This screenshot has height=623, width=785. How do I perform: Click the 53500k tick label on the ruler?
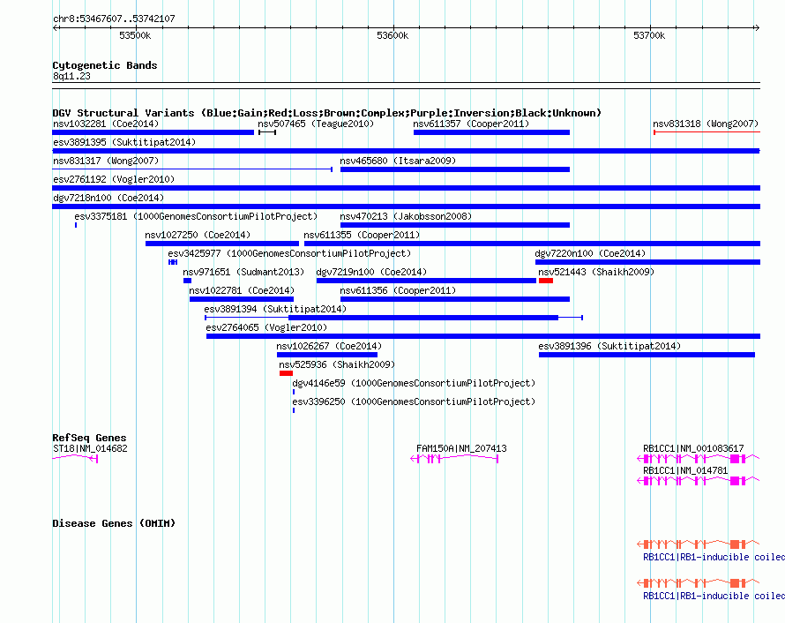tap(135, 35)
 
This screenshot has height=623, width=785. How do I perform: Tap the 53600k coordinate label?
tap(392, 35)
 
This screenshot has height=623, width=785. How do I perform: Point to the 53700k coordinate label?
tap(649, 35)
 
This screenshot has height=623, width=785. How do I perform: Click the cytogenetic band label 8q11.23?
tap(71, 76)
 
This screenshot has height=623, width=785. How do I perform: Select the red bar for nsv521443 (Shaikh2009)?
tap(546, 281)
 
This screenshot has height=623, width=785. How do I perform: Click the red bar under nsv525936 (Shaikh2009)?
tap(286, 373)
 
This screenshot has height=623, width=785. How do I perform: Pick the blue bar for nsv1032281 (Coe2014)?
tap(153, 132)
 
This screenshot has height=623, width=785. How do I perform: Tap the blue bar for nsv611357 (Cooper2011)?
tap(491, 132)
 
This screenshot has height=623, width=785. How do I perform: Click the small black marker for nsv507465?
tap(267, 132)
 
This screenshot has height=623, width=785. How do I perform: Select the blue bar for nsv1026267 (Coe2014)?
tap(327, 355)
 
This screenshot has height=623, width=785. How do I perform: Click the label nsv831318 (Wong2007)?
tap(706, 124)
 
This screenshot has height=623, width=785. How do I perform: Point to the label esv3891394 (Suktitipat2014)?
tap(275, 309)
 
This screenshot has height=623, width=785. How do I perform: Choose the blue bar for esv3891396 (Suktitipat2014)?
tap(647, 355)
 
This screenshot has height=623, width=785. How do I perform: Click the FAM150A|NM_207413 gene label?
tap(461, 448)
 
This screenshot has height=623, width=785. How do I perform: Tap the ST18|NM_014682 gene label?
tap(90, 448)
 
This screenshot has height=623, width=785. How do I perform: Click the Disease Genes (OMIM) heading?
tap(114, 523)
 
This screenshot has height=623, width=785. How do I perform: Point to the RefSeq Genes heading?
tap(90, 438)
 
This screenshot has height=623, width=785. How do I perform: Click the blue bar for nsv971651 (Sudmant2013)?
tap(187, 281)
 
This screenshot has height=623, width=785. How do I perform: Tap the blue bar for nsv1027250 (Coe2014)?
tap(221, 244)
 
